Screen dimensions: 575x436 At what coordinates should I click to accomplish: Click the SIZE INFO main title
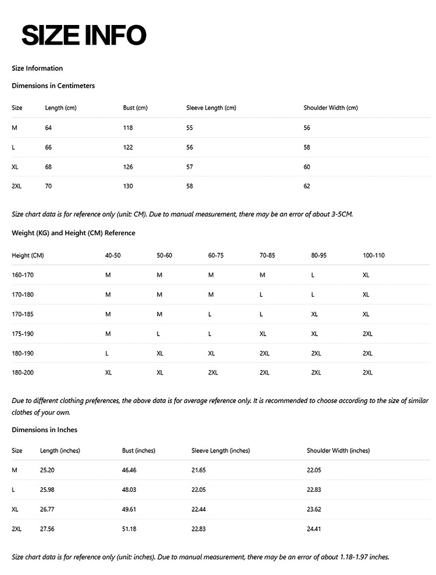coord(84,35)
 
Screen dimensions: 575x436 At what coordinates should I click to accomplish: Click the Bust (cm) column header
coord(135,108)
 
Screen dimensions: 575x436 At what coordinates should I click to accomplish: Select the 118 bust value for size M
coord(128,128)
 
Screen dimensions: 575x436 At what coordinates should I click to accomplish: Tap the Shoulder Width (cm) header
coord(330,108)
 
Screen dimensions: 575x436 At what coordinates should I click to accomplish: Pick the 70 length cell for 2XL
coord(48,186)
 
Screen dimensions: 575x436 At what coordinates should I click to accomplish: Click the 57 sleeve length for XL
coord(190,167)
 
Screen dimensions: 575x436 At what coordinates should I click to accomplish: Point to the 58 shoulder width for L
coord(307,148)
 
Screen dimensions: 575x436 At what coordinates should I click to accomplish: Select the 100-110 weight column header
coord(373,256)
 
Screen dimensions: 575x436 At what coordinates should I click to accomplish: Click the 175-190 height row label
coord(24,334)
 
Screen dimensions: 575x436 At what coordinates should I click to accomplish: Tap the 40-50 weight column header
coord(113,256)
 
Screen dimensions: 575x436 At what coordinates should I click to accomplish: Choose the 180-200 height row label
coord(24,373)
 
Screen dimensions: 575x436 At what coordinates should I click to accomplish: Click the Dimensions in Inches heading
coord(44,430)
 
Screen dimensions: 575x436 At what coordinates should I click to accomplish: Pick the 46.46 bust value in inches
coord(129,470)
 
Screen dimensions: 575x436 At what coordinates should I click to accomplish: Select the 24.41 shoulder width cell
coord(314,529)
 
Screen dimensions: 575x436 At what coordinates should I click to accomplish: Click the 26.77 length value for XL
coord(47,509)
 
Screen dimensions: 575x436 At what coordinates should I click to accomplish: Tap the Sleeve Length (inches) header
coord(220,451)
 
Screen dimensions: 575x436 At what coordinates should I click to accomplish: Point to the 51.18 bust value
coord(129,529)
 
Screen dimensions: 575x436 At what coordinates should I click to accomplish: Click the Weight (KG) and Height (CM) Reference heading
coord(73,233)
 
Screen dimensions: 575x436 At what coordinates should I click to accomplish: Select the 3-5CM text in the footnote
coord(340,214)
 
